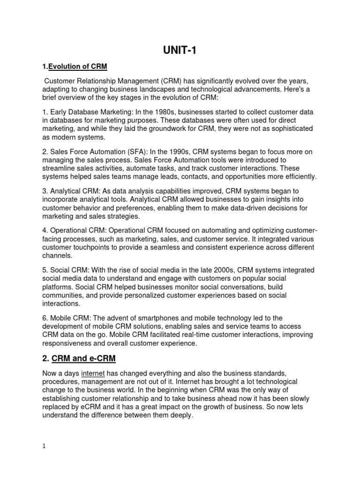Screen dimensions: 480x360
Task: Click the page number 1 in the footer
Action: click(x=44, y=447)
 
